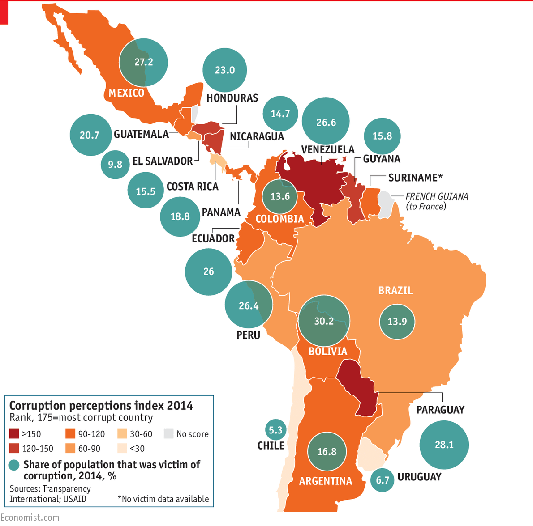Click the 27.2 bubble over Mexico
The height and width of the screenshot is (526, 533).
(143, 62)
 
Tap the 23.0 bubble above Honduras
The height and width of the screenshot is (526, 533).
(225, 70)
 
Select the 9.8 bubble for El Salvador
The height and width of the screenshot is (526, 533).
(115, 165)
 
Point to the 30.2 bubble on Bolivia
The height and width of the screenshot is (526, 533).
(324, 321)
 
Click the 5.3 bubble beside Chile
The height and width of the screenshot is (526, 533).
(275, 430)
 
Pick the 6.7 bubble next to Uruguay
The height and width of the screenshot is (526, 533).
(382, 480)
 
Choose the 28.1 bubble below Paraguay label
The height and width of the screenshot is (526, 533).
(444, 445)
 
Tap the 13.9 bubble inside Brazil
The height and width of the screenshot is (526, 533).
(397, 322)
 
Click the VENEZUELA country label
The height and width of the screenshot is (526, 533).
(327, 149)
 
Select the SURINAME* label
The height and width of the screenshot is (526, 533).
(415, 178)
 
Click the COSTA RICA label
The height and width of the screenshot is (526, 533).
(192, 187)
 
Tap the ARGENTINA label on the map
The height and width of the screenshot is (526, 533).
(326, 481)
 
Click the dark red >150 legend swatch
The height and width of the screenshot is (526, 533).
(14, 434)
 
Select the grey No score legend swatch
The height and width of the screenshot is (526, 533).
(168, 434)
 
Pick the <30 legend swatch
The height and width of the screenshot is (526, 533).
(122, 449)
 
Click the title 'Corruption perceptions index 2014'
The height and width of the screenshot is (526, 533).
(101, 406)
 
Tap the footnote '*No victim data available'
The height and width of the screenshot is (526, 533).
(163, 499)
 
